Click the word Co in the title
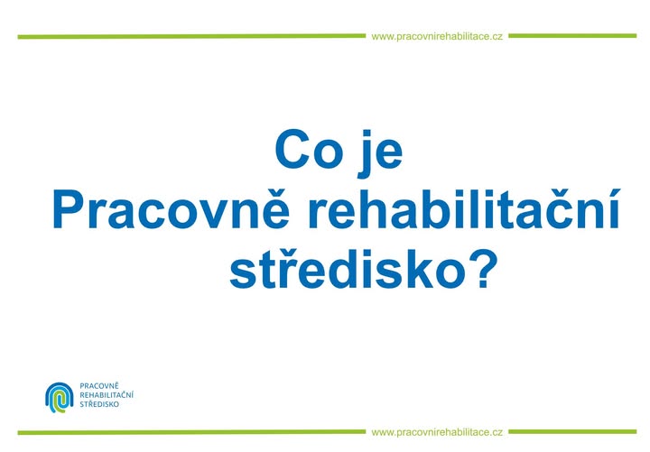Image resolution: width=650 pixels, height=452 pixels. tap(309, 149)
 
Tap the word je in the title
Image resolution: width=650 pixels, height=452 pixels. tap(381, 153)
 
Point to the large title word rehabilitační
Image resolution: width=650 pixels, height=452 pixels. tap(464, 208)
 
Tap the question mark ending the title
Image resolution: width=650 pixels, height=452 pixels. tap(483, 268)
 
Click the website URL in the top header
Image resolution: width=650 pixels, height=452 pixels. tap(437, 37)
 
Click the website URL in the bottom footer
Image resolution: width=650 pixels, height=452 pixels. tap(437, 432)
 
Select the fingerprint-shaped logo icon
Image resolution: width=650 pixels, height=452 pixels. tap(60, 397)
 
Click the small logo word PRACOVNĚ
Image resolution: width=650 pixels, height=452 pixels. tap(99, 386)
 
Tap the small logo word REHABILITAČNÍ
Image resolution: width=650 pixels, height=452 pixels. tap(107, 395)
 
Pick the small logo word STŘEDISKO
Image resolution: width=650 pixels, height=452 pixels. tap(99, 404)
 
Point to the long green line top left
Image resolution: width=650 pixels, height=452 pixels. tap(191, 36)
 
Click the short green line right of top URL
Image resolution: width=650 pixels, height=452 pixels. tap(572, 35)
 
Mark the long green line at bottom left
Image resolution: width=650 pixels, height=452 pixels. tap(191, 432)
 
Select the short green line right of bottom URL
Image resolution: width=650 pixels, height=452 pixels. tap(572, 431)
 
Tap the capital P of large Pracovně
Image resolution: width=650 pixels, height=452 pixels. tap(68, 208)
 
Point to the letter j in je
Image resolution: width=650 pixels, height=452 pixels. tap(366, 153)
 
